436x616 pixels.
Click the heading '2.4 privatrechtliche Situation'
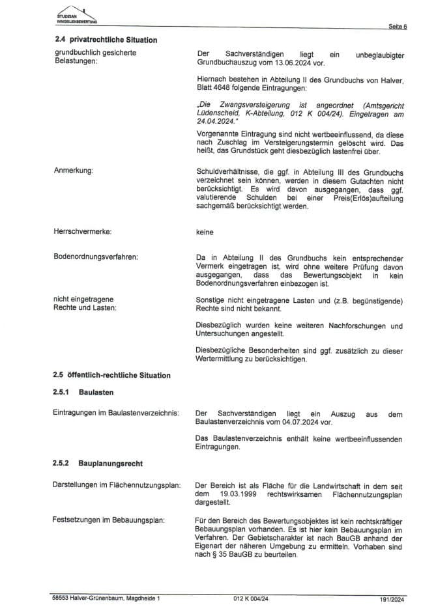[x=106, y=40]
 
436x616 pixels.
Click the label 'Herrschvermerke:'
[x=82, y=231]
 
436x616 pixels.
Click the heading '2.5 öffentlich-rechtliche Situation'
[x=112, y=375]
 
